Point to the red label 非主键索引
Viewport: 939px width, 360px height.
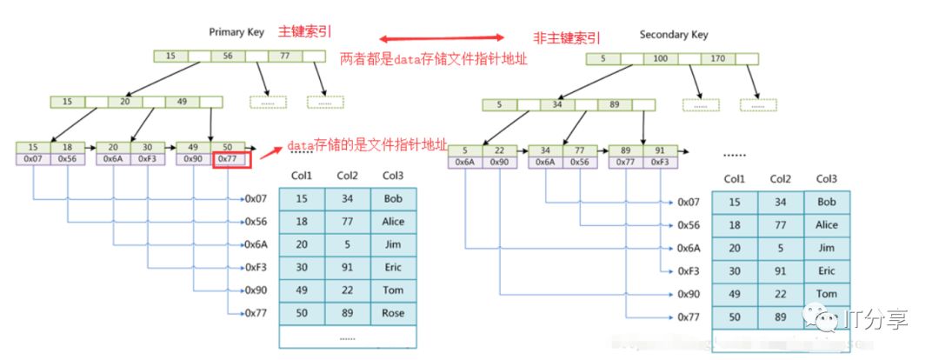point(566,37)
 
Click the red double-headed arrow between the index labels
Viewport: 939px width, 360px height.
point(441,37)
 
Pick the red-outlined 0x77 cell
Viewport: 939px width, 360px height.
point(230,159)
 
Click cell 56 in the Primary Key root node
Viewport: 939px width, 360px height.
point(228,56)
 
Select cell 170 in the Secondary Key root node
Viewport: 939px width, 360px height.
point(717,59)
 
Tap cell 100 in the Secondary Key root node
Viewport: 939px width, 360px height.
point(660,59)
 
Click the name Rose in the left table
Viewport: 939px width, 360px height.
point(393,313)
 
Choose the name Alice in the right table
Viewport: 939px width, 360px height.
point(827,224)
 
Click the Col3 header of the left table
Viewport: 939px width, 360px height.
point(393,177)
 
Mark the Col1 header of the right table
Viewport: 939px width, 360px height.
point(736,179)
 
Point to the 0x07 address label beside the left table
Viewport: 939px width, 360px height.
point(256,199)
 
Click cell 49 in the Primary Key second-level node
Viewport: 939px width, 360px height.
point(181,102)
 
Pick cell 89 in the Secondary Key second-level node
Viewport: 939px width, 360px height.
point(614,105)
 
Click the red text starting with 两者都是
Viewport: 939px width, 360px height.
point(435,59)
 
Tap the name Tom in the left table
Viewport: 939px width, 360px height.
point(393,290)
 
